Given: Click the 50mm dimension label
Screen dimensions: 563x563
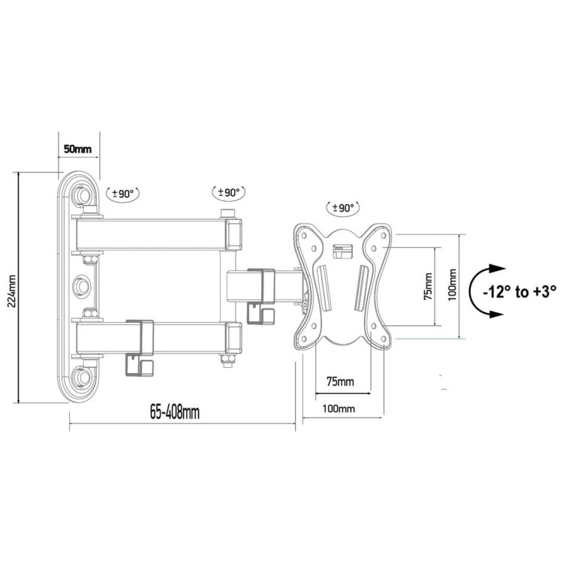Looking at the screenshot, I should pos(77,149).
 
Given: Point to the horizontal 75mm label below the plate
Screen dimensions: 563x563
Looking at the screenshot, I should pos(339,382).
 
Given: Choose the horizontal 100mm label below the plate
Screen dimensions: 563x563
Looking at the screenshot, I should pos(339,409).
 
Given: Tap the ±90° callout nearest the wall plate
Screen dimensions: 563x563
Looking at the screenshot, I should pos(123,193).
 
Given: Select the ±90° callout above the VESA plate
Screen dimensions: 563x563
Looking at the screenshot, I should pos(342,207).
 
